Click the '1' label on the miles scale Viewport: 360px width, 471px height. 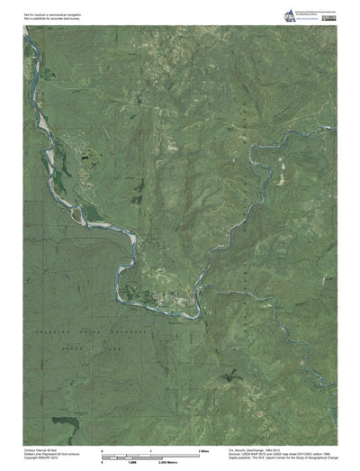151,448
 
